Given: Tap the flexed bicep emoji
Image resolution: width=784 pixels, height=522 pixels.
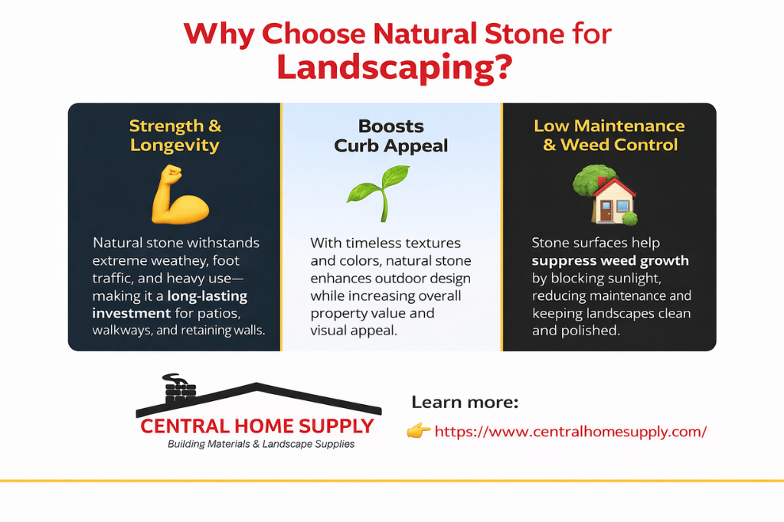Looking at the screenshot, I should (179, 198).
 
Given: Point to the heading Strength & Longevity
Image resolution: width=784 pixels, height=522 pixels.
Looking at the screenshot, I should (175, 135).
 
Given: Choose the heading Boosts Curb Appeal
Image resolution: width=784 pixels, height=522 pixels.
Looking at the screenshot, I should (391, 135).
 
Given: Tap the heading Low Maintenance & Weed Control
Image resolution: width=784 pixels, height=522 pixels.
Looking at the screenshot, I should (609, 135).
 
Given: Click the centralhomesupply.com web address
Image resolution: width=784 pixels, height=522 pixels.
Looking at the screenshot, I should (570, 432).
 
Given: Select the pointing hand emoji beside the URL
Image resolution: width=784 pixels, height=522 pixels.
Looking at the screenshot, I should (419, 432).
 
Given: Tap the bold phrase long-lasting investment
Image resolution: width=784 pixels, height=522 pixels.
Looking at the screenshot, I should (169, 304).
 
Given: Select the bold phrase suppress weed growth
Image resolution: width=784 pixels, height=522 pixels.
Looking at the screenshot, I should (610, 261).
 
